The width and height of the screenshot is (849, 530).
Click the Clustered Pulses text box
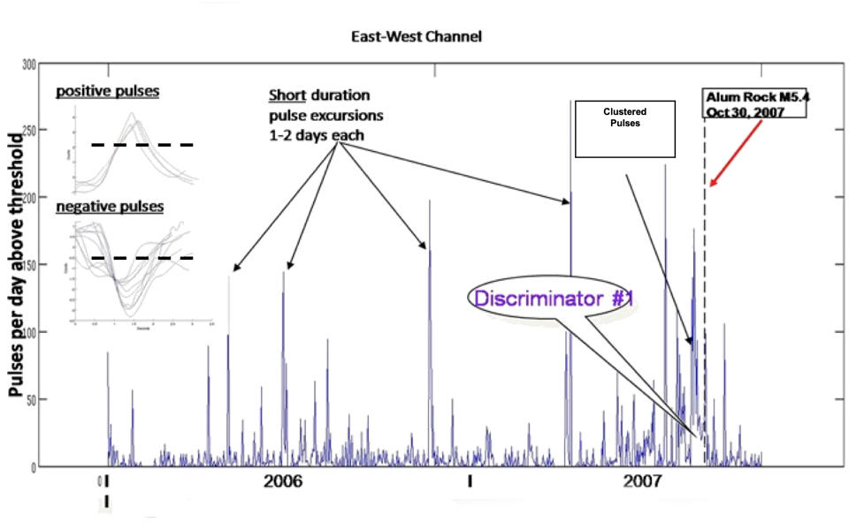click(625, 126)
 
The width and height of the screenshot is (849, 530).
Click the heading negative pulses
click(110, 207)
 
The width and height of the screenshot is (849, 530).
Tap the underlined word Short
click(287, 95)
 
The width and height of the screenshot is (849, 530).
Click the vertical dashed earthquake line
click(705, 291)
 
